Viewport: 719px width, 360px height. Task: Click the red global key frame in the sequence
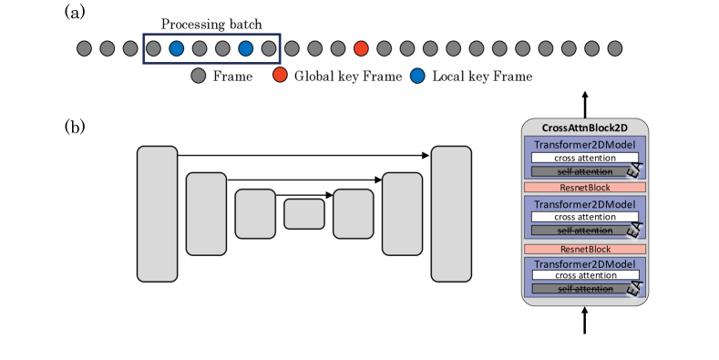tap(361, 48)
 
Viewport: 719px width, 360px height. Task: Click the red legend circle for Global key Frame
tap(280, 76)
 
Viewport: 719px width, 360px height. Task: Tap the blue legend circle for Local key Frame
tap(417, 76)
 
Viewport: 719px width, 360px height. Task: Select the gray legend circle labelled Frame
tap(198, 76)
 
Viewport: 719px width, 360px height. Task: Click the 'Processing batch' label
tap(211, 24)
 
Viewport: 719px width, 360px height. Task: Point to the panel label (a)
tap(75, 13)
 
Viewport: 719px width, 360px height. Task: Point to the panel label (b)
tap(75, 127)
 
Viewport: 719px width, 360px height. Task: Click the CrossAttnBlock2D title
tap(585, 128)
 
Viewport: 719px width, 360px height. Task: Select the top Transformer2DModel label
tap(585, 145)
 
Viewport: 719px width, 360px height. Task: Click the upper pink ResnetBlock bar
tap(585, 187)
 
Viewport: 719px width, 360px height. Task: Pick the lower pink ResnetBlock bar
tap(585, 249)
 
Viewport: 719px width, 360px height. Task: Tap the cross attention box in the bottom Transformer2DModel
tap(586, 275)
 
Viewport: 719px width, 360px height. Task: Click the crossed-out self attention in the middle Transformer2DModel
tap(585, 231)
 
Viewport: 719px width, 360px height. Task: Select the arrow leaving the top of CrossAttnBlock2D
tap(585, 105)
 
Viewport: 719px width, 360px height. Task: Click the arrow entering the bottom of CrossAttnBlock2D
tap(585, 320)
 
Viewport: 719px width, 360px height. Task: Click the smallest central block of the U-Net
tap(304, 213)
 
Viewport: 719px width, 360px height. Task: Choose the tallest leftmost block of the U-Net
tap(158, 213)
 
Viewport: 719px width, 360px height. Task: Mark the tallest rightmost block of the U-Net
tap(451, 213)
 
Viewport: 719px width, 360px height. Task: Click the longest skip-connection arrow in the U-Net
tap(303, 156)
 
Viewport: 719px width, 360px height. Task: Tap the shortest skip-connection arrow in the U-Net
tap(304, 195)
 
